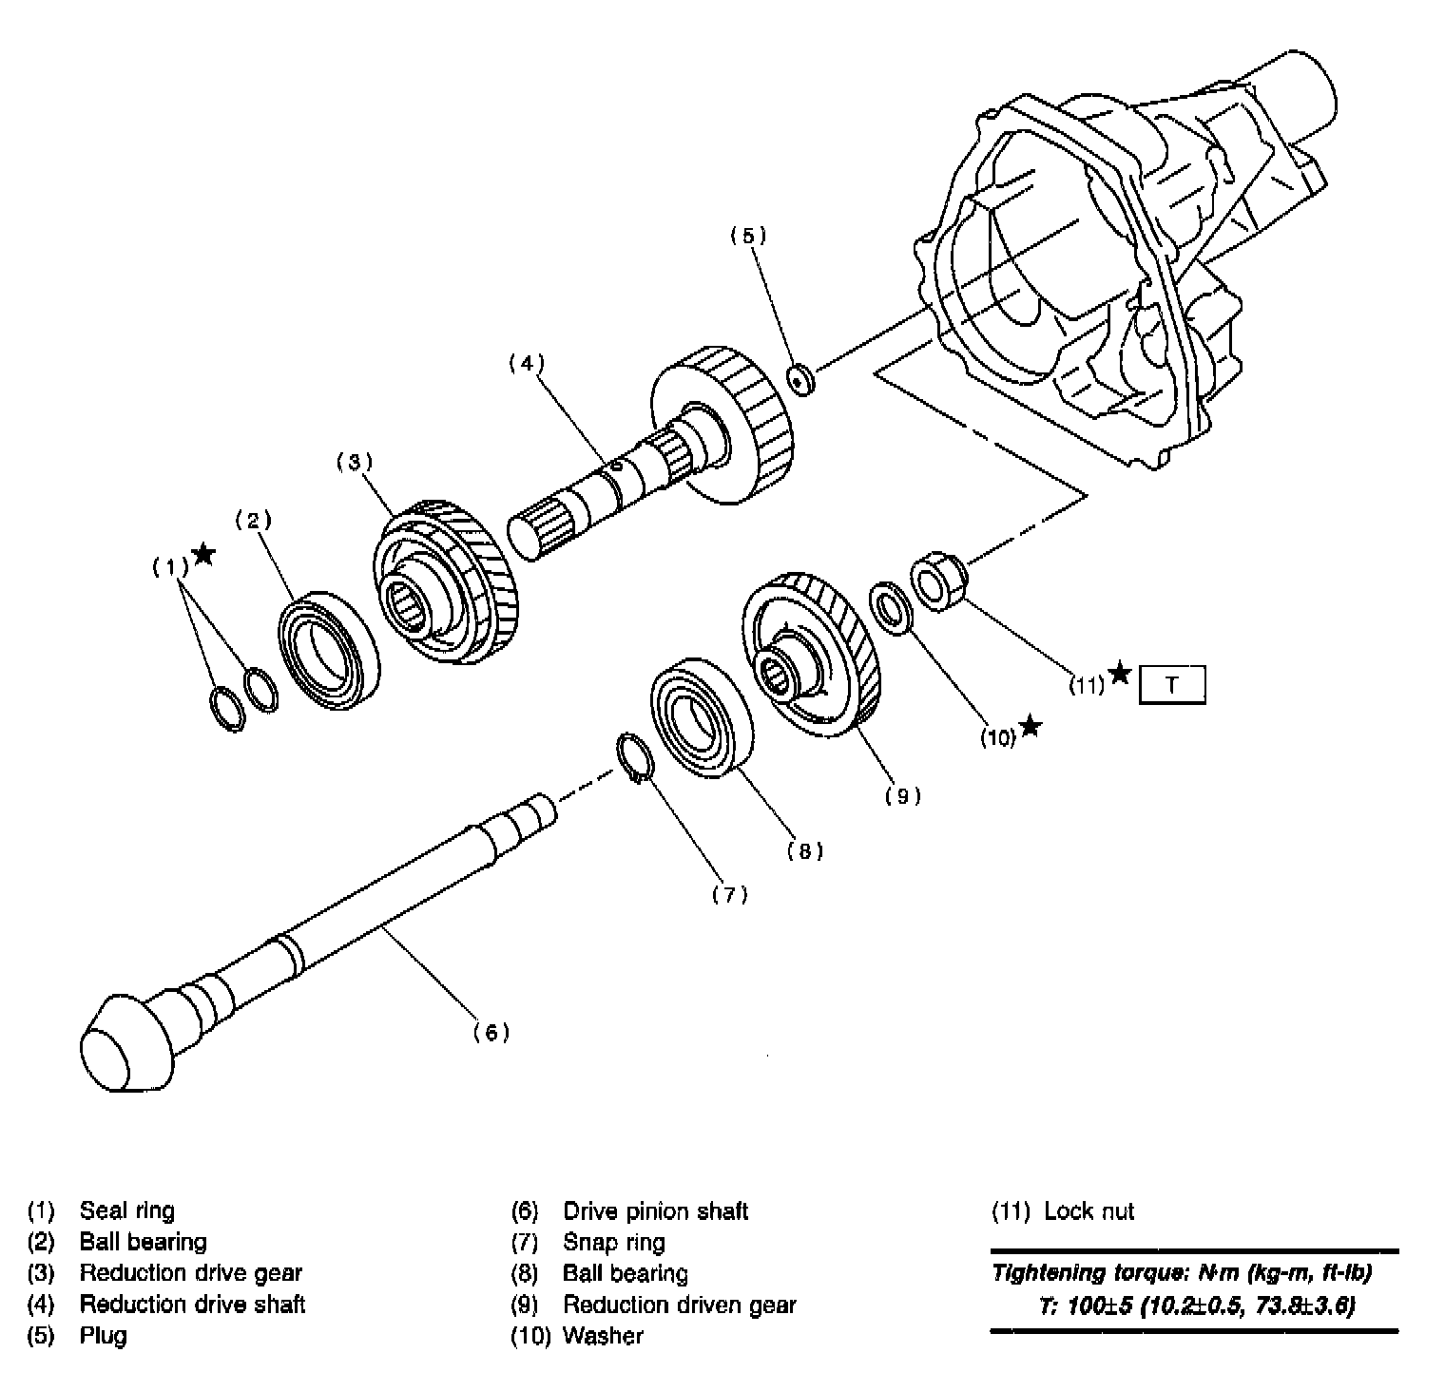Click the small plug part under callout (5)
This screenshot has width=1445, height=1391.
click(801, 379)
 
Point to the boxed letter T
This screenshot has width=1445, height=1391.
click(1171, 685)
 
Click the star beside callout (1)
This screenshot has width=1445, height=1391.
click(202, 555)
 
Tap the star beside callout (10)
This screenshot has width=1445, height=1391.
click(1030, 729)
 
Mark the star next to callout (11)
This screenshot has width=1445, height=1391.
click(1120, 674)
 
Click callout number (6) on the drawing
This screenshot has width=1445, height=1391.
click(491, 1032)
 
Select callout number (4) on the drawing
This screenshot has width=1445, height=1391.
click(525, 362)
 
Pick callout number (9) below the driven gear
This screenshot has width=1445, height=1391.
click(902, 796)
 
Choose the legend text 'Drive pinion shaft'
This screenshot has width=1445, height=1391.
click(655, 1211)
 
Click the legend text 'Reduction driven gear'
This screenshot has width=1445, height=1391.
click(679, 1305)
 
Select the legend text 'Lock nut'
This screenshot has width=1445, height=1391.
click(1089, 1211)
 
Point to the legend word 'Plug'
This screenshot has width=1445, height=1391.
click(103, 1336)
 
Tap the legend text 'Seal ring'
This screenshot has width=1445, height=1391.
click(126, 1211)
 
